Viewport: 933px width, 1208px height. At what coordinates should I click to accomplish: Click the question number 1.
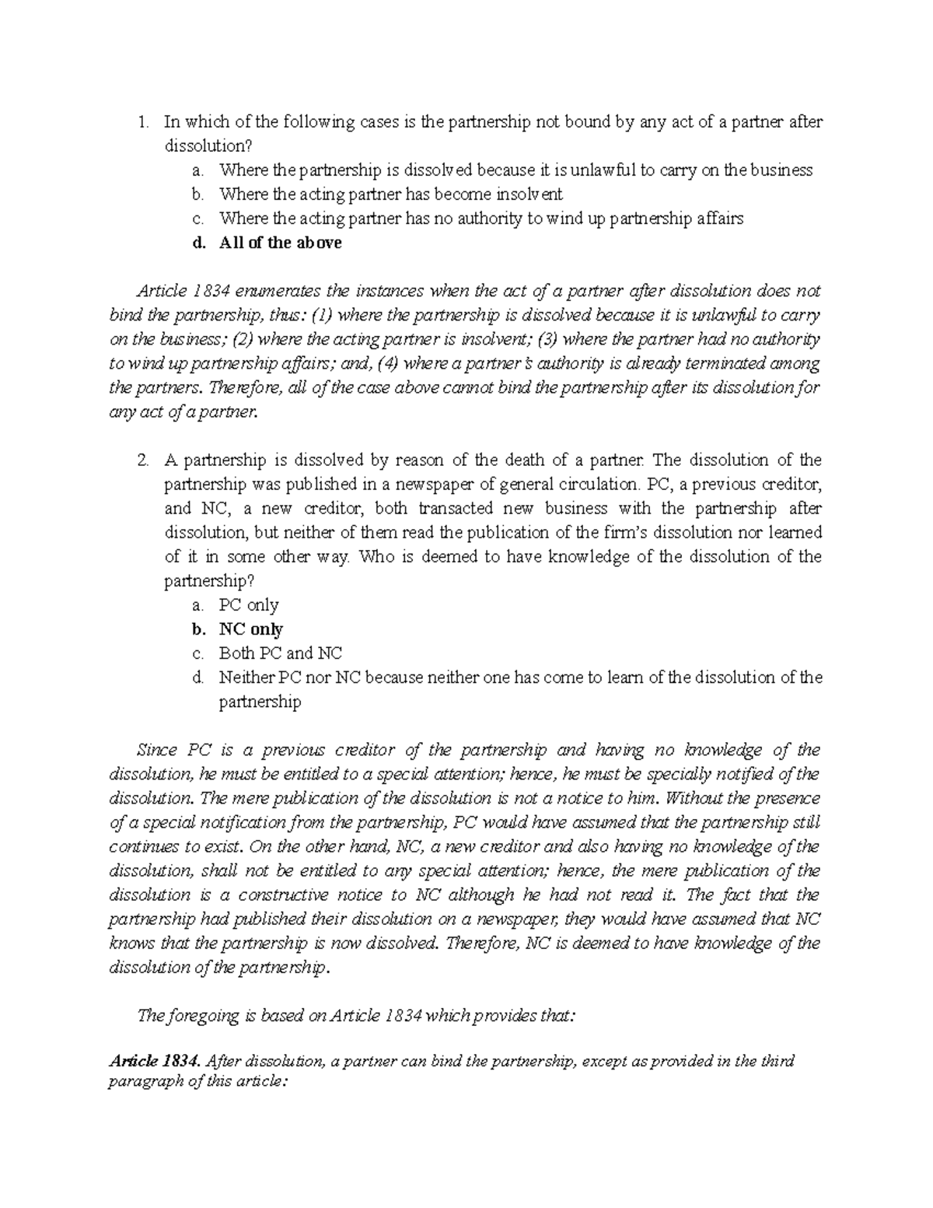point(142,121)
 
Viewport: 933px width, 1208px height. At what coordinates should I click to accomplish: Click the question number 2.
point(142,460)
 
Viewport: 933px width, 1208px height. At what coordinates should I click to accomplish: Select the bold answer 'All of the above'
point(281,243)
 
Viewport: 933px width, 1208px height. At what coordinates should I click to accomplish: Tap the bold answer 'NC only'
point(250,629)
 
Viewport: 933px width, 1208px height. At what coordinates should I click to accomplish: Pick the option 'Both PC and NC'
point(280,653)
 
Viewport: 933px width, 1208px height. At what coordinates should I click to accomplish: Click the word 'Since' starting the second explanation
point(156,751)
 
